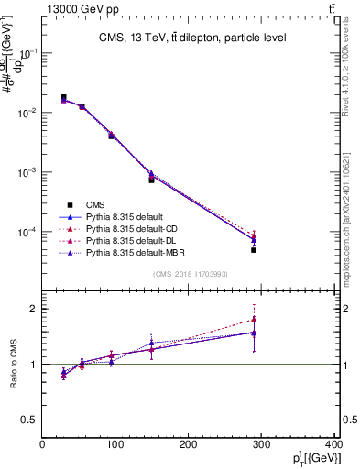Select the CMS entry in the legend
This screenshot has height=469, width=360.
click(x=95, y=204)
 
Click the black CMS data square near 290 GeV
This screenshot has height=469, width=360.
click(x=254, y=249)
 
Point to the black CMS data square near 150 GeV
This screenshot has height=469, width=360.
click(x=152, y=180)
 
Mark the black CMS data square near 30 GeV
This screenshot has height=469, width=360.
click(x=63, y=98)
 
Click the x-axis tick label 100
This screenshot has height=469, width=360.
click(x=115, y=445)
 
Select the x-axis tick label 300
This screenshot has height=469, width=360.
click(x=261, y=445)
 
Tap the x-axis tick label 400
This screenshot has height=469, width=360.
click(x=333, y=445)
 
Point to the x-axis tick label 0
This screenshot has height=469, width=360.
click(x=42, y=445)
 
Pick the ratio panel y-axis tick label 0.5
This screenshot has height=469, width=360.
click(x=29, y=420)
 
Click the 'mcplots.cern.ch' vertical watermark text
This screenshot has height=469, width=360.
click(x=350, y=229)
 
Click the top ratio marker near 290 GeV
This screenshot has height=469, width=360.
click(x=254, y=320)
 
